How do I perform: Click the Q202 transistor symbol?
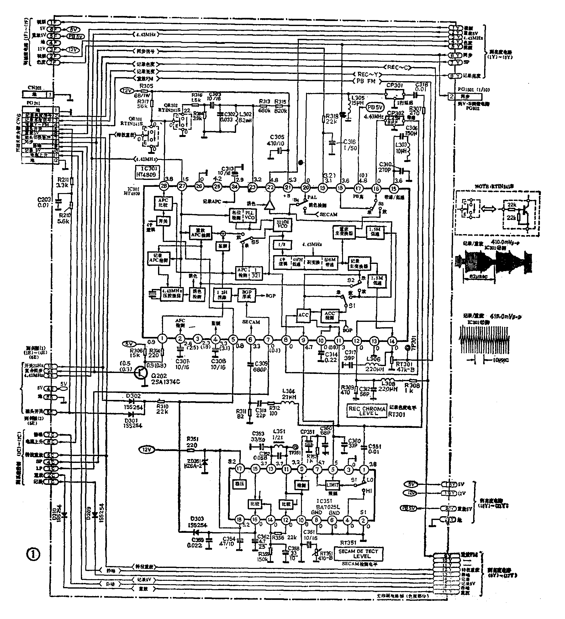140,372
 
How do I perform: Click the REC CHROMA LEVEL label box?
367,411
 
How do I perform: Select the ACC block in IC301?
303,315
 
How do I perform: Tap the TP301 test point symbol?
408,348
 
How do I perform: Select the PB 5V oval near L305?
375,108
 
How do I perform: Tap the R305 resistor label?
146,86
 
